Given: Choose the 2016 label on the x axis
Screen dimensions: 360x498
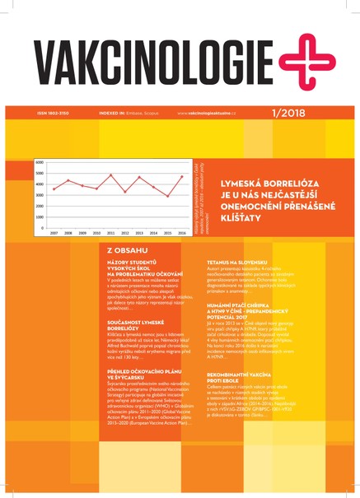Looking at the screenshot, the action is pyautogui.click(x=181, y=234).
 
